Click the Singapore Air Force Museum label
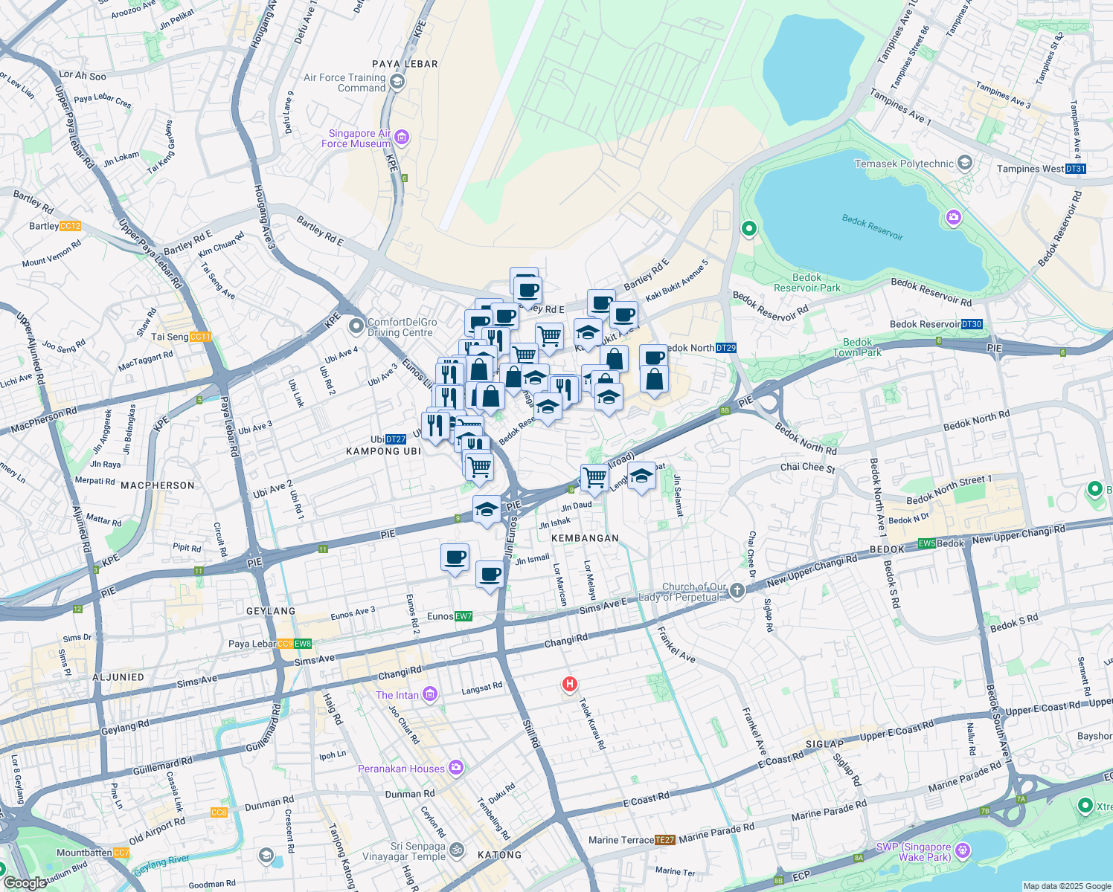click(356, 138)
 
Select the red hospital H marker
click(569, 684)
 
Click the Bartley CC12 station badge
click(71, 226)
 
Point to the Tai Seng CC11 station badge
click(201, 337)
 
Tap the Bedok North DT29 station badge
click(726, 348)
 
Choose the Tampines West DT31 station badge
click(1076, 169)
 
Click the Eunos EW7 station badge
click(464, 616)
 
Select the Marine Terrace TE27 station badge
click(664, 840)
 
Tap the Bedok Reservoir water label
click(872, 227)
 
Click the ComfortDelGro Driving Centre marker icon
click(356, 326)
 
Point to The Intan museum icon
click(430, 694)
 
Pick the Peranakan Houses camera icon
click(455, 768)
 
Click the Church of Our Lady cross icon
click(737, 591)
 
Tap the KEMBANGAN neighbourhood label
click(585, 537)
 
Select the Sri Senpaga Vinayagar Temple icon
click(457, 850)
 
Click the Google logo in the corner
click(25, 882)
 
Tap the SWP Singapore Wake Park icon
click(963, 850)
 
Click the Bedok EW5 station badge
click(927, 543)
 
